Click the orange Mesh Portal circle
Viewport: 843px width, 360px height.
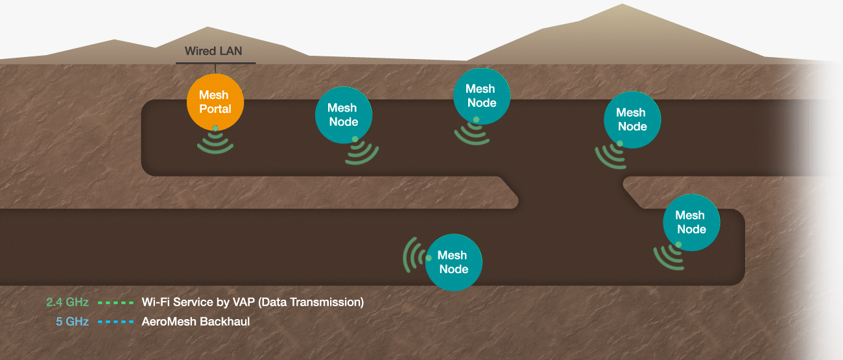215,102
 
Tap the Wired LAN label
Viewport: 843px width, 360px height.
213,51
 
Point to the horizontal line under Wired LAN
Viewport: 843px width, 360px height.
215,63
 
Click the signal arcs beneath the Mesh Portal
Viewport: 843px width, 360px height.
215,144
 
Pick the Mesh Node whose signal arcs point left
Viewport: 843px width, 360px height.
454,262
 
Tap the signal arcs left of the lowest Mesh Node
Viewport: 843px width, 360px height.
413,255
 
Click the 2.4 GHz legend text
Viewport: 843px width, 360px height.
67,302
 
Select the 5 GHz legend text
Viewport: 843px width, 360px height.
73,321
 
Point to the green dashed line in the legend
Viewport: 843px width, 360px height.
116,302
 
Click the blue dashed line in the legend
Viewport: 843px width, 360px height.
116,321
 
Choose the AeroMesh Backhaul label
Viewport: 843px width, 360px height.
195,321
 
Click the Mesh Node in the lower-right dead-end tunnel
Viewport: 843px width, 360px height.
691,222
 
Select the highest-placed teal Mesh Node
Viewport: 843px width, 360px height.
481,96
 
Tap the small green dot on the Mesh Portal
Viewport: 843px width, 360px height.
215,128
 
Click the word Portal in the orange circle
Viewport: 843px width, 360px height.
215,109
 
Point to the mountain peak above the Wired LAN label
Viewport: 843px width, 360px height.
208,28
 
